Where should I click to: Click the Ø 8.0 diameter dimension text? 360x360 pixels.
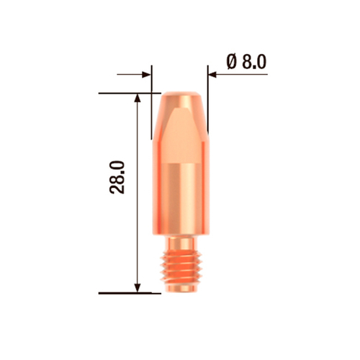pyautogui.click(x=246, y=62)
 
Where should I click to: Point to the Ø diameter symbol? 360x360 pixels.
pyautogui.click(x=231, y=62)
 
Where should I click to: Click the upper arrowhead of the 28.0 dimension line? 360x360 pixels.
pyautogui.click(x=138, y=97)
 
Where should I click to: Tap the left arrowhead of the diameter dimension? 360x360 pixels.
pyautogui.click(x=148, y=73)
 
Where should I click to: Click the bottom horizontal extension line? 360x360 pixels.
pyautogui.click(x=126, y=293)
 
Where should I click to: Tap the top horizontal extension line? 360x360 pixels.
pyautogui.click(x=126, y=92)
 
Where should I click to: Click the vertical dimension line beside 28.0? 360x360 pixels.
pyautogui.click(x=138, y=216)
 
